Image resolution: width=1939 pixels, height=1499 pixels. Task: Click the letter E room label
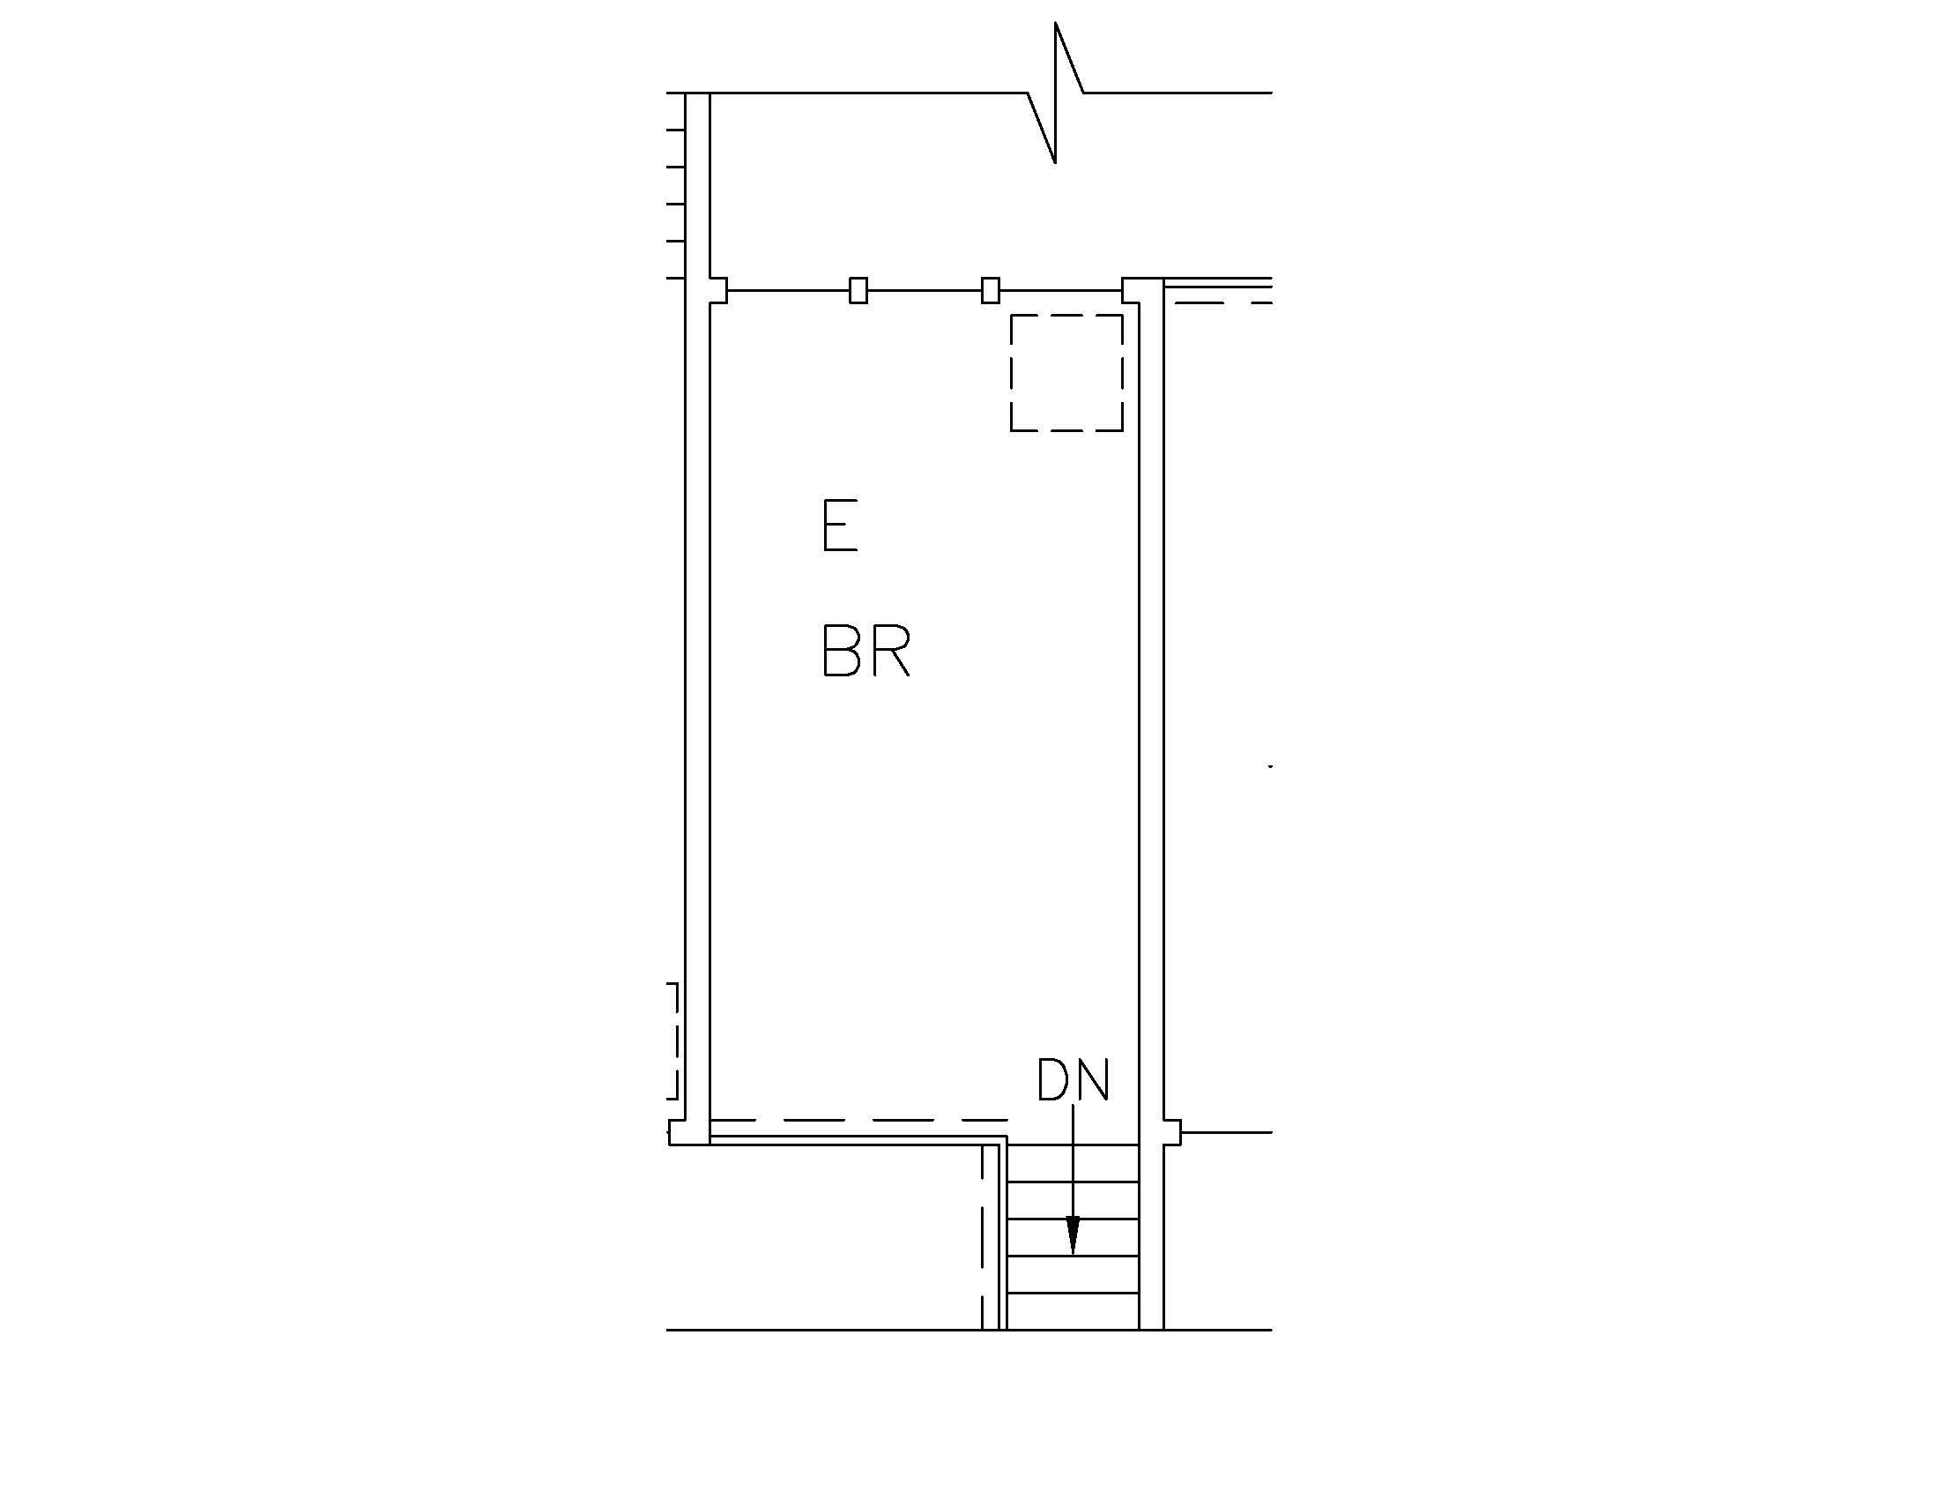840,526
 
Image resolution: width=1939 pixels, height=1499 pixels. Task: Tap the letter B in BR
843,650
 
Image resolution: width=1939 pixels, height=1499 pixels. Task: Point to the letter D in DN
1054,1079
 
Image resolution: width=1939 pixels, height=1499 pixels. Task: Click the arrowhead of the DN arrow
1073,1235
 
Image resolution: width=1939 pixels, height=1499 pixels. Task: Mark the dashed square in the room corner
1066,373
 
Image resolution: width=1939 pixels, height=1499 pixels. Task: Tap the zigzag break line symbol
1056,93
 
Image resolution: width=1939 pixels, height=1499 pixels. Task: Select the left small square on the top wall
858,290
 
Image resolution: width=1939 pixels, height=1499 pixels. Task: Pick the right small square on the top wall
990,290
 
